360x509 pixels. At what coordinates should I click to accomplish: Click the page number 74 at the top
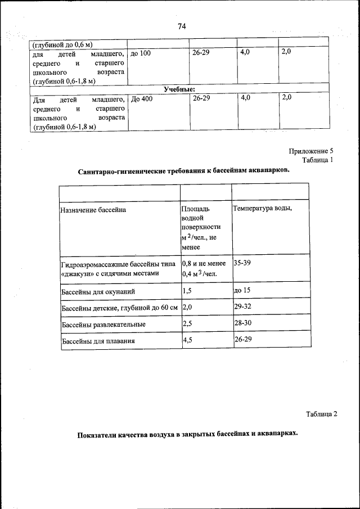(x=182, y=26)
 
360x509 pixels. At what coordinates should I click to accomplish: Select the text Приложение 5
(x=311, y=151)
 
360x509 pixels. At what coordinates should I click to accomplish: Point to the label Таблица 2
(x=321, y=415)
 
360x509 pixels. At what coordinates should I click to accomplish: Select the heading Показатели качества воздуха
(x=187, y=435)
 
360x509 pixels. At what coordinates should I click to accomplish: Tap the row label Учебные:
(x=179, y=89)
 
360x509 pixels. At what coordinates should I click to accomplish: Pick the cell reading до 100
(x=141, y=53)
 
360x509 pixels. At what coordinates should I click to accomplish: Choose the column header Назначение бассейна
(x=94, y=210)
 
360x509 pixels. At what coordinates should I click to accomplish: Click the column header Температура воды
(x=262, y=208)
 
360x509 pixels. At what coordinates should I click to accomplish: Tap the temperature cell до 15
(x=242, y=291)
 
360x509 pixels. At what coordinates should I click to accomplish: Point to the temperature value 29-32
(x=243, y=308)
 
